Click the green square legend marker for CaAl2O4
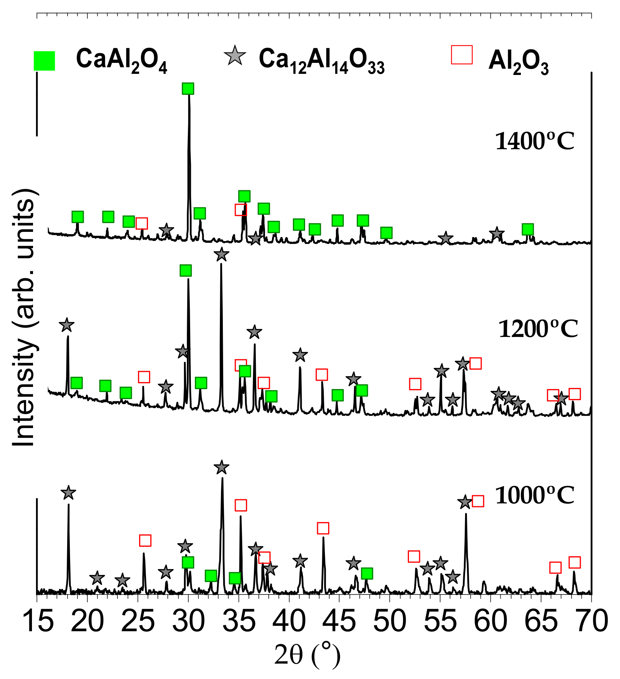click(44, 61)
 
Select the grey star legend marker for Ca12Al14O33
click(235, 56)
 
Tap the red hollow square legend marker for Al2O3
click(461, 55)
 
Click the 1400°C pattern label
click(534, 141)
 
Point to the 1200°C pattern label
click(538, 329)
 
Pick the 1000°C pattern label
click(534, 496)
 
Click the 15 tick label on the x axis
click(37, 622)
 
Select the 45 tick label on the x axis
click(339, 622)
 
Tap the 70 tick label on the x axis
click(591, 622)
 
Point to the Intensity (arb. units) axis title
click(23, 318)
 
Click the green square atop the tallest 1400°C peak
click(188, 89)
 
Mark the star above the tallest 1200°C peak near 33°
click(221, 254)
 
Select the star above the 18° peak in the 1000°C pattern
click(68, 493)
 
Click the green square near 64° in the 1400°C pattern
click(527, 229)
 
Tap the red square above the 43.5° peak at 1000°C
click(323, 528)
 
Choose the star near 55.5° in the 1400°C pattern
click(445, 238)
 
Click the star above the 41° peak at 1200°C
click(300, 355)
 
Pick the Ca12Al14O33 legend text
click(322, 61)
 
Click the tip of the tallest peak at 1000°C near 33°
click(222, 478)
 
